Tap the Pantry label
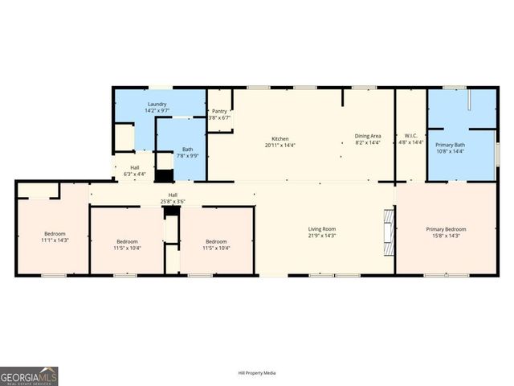[219, 112]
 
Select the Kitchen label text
[279, 139]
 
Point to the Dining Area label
[368, 136]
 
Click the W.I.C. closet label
[410, 136]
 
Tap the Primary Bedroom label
[446, 229]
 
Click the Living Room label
[321, 229]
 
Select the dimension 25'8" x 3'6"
[173, 200]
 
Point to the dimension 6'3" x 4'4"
[134, 174]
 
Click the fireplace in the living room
[389, 233]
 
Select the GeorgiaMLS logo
[29, 376]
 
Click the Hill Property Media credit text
[257, 373]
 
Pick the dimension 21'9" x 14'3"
[321, 236]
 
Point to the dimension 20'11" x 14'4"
[280, 146]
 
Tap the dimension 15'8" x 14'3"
[446, 236]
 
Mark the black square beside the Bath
[164, 175]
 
